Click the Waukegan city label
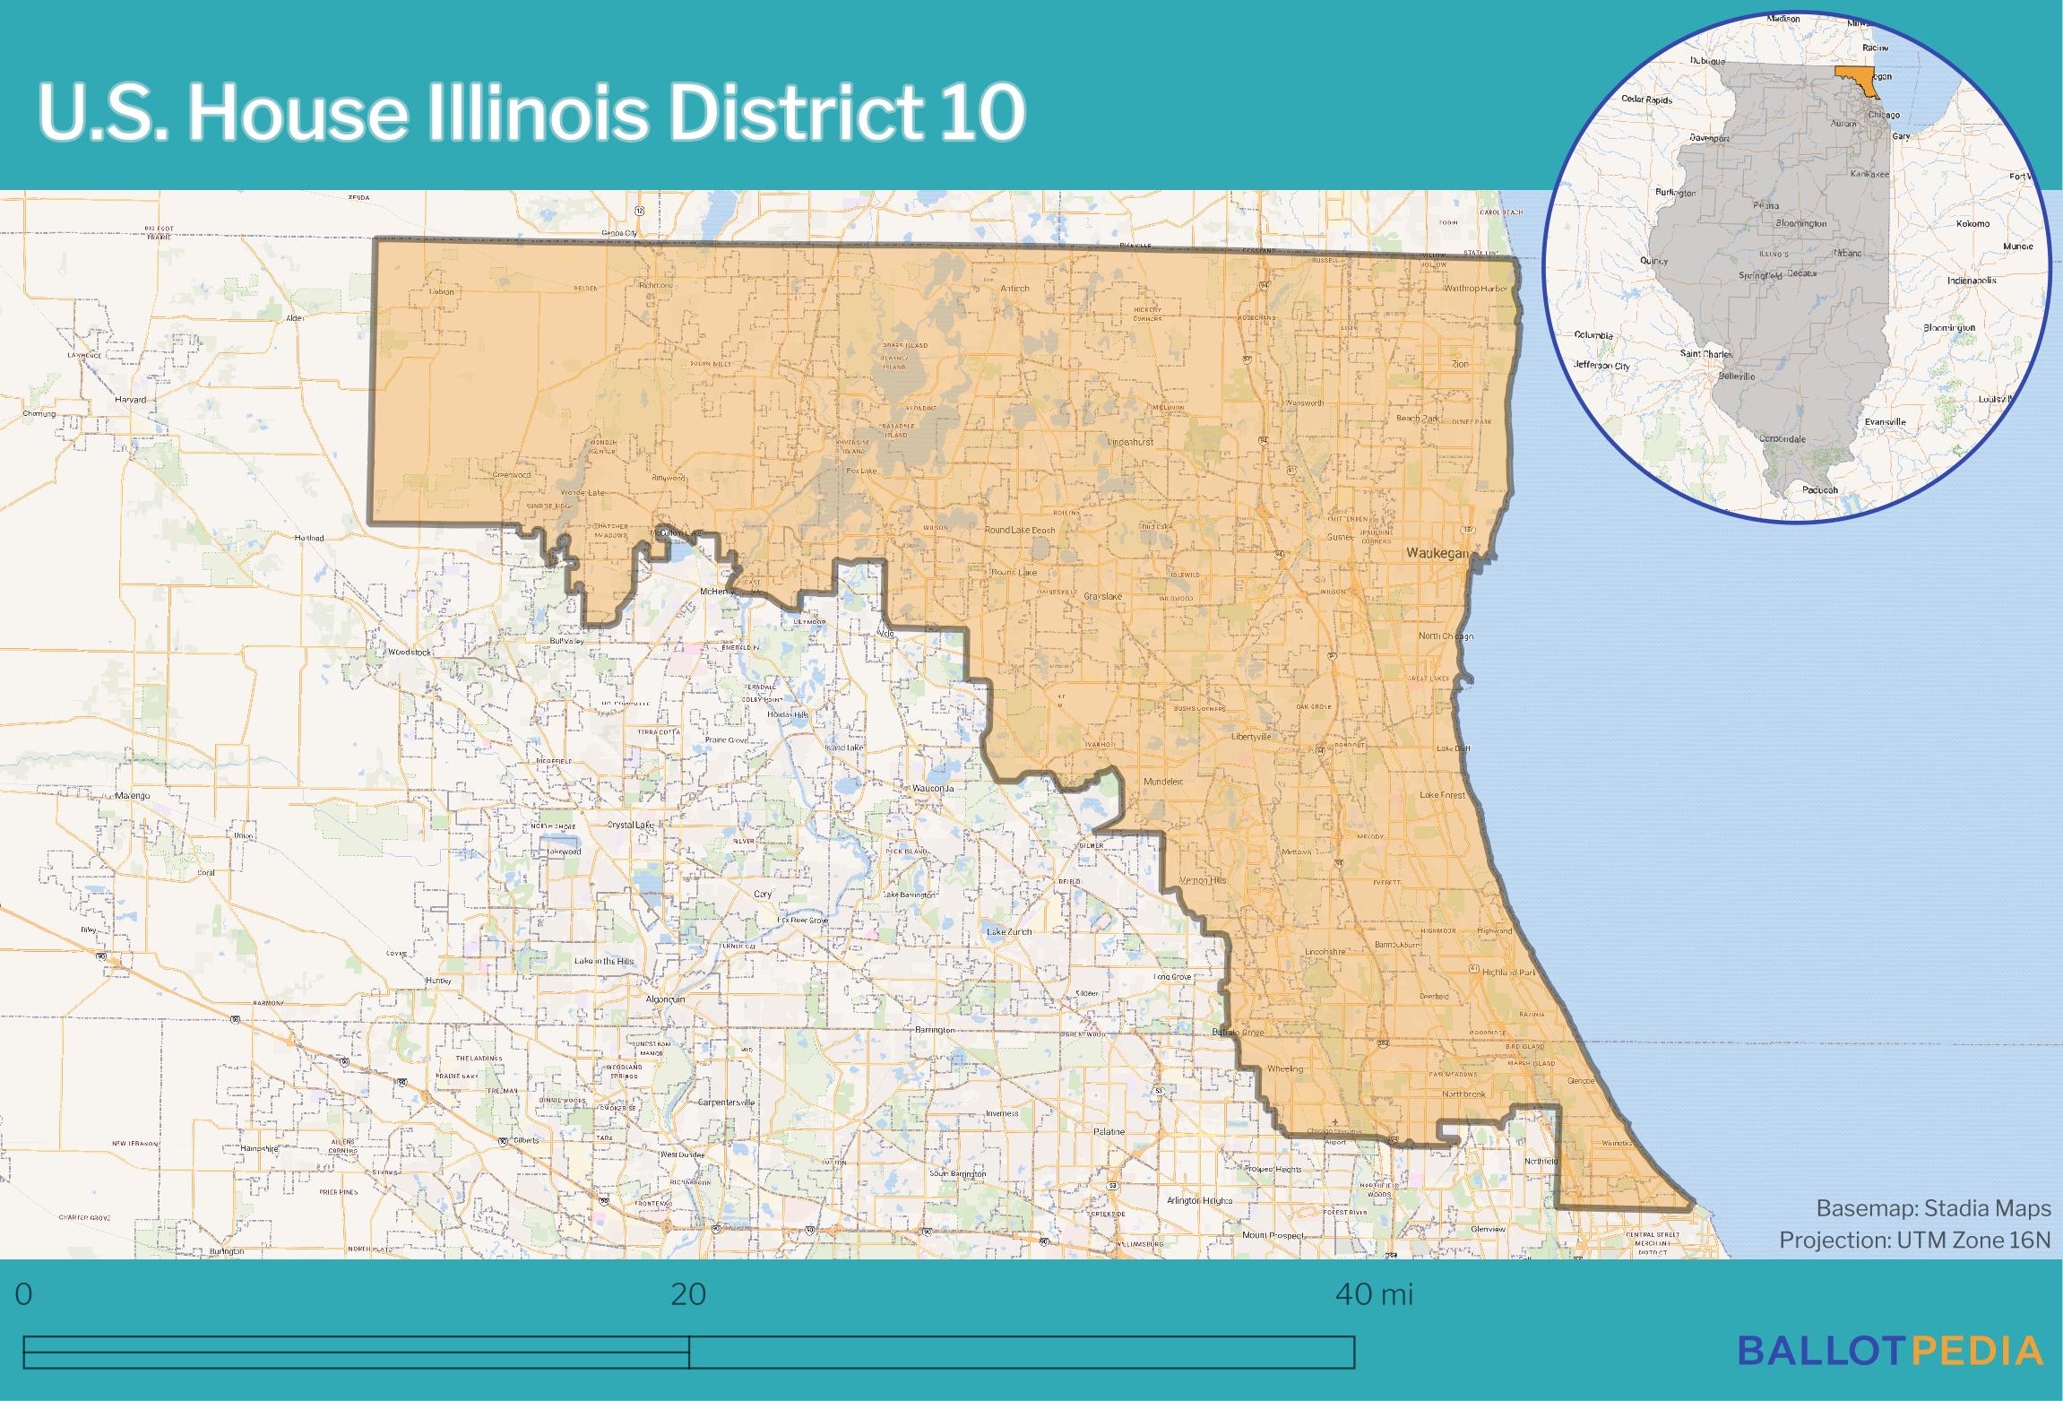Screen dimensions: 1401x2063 (x=1437, y=554)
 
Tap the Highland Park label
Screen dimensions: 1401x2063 (x=1508, y=973)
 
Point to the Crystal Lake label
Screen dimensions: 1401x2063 (x=630, y=825)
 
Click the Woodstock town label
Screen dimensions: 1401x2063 (x=409, y=652)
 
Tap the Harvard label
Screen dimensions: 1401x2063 (x=131, y=400)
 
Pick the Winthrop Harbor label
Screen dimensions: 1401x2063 (x=1475, y=290)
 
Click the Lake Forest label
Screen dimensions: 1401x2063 (x=1443, y=795)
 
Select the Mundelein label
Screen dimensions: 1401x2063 (x=1164, y=782)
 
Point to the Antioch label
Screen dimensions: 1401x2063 (x=1015, y=289)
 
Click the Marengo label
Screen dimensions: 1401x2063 (x=133, y=795)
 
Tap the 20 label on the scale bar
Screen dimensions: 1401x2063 (x=688, y=1294)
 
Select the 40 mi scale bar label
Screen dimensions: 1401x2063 (x=1374, y=1294)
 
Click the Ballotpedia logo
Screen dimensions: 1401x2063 (x=1891, y=1351)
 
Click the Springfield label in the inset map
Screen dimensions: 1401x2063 (x=1759, y=276)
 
